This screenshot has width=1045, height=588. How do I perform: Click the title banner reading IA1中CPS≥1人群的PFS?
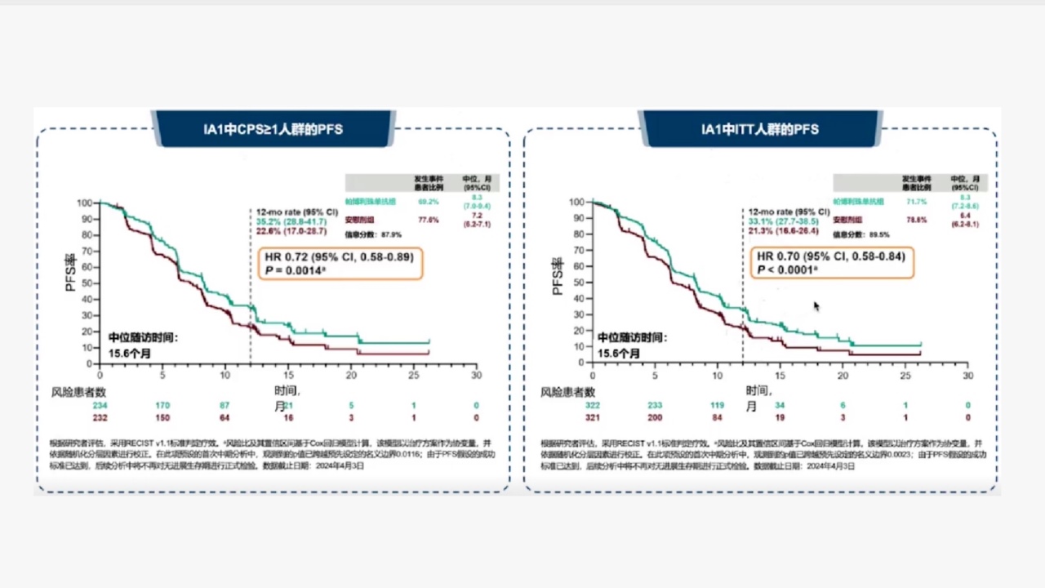coord(273,129)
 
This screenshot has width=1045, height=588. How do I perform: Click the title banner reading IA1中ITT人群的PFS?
coord(760,129)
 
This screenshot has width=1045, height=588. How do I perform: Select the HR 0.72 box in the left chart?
coord(340,263)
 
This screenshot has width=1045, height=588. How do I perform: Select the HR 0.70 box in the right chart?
coord(829,262)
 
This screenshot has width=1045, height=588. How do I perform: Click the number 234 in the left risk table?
coord(100,405)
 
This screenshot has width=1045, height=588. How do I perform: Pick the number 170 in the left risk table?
coord(163,405)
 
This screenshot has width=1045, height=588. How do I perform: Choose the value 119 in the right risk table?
coord(718,405)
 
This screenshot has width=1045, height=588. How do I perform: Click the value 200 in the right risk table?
coord(655,417)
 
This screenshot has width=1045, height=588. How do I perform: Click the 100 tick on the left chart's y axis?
coord(85,203)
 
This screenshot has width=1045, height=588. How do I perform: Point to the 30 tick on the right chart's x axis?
coord(967,376)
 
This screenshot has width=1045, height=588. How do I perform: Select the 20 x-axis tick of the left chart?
coord(351,376)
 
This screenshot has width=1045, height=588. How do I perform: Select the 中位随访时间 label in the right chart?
coord(631,337)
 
